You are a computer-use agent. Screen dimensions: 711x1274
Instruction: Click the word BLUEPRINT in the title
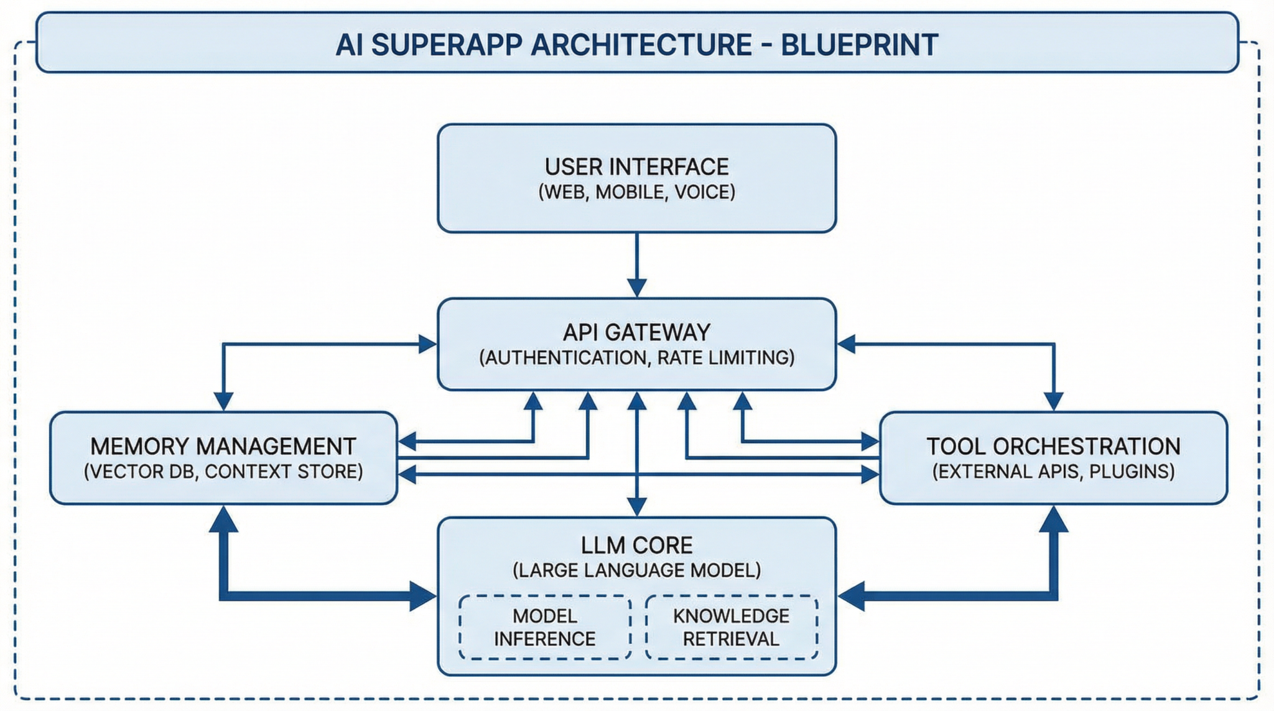click(859, 45)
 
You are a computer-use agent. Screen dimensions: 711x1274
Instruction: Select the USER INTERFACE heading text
click(636, 167)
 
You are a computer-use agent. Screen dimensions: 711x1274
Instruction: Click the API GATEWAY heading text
click(636, 332)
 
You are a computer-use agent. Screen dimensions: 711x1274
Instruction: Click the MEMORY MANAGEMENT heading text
click(223, 447)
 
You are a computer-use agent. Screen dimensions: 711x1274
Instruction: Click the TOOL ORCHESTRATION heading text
click(1053, 447)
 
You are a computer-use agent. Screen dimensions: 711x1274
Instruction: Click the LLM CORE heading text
click(636, 546)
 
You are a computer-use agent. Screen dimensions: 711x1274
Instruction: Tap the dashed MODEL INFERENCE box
click(545, 627)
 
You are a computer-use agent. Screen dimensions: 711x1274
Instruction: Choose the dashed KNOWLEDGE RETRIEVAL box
click(731, 627)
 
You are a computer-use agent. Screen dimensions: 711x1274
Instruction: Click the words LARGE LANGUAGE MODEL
click(636, 570)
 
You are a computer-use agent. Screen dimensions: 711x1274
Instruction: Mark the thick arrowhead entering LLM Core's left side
click(423, 596)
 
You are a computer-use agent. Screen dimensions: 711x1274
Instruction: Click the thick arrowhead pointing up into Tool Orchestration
click(1053, 519)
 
